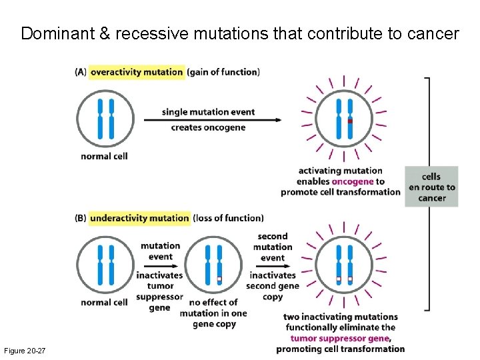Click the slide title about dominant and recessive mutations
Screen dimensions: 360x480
pos(240,33)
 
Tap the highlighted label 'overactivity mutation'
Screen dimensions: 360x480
pos(137,72)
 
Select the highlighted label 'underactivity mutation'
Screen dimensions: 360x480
pos(139,218)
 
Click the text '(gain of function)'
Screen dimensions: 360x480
pos(223,72)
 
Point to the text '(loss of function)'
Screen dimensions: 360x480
pos(228,218)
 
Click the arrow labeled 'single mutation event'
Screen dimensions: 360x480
pos(220,120)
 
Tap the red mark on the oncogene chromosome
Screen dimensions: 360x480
pos(350,121)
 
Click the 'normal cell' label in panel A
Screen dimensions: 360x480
pos(104,156)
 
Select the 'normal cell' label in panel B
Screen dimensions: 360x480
pos(104,302)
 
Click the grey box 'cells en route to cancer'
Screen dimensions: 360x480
pos(431,187)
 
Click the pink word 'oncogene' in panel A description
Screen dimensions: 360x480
pos(353,181)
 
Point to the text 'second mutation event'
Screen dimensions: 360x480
pos(272,247)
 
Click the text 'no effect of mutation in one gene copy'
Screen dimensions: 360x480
pos(214,313)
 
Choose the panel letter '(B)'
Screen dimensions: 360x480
pos(81,218)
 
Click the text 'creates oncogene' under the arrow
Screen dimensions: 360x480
pos(208,127)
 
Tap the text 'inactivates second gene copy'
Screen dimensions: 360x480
pos(272,285)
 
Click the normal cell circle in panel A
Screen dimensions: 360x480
pos(105,118)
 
